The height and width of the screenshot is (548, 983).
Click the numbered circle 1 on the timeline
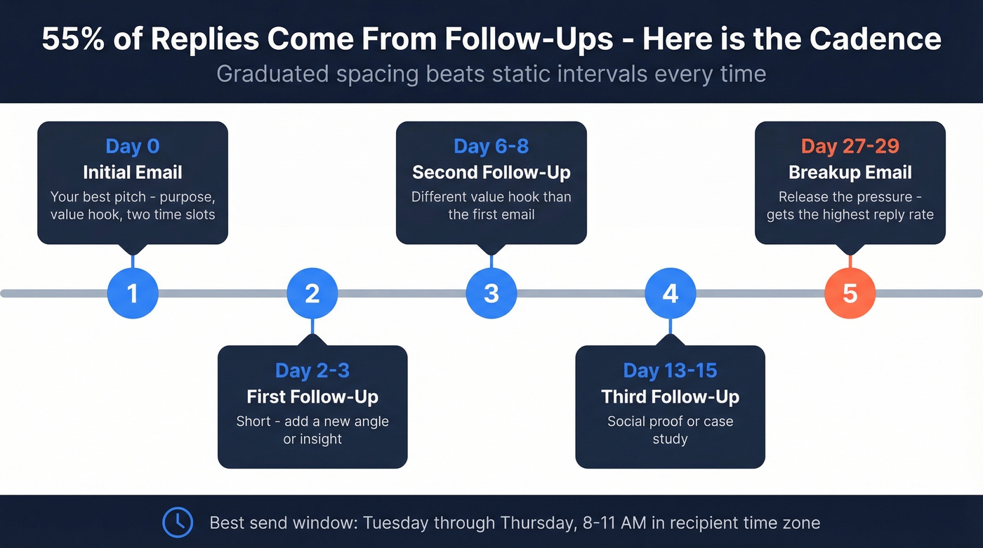click(x=133, y=293)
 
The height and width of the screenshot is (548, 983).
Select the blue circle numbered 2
click(x=312, y=293)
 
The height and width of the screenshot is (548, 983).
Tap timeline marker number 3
click(x=491, y=293)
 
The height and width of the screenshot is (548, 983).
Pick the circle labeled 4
click(x=671, y=293)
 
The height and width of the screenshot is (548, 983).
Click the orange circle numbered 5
click(x=850, y=293)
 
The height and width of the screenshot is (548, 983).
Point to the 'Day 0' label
click(x=133, y=146)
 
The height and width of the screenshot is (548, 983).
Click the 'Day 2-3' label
click(x=312, y=370)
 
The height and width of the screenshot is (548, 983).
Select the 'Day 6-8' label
click(x=491, y=146)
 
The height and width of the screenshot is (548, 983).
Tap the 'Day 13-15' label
click(x=671, y=370)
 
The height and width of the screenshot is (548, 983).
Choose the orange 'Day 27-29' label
click(x=850, y=146)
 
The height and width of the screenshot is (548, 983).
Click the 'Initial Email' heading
click(x=133, y=173)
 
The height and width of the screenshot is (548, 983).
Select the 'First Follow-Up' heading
click(x=312, y=397)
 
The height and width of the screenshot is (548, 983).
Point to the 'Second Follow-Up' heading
click(x=491, y=173)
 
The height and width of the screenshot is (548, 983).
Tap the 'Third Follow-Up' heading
click(x=671, y=397)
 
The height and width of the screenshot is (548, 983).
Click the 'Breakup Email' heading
click(x=850, y=173)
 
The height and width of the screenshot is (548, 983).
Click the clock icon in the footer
click(x=178, y=522)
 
